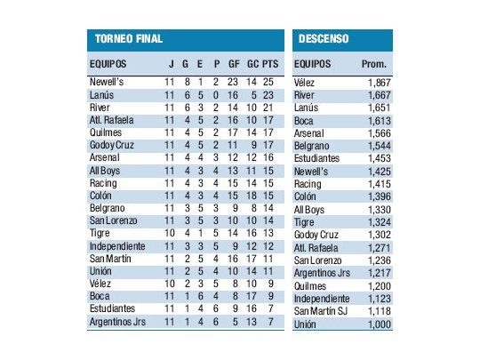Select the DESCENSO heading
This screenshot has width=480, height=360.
(x=324, y=39)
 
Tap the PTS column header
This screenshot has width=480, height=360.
(x=270, y=64)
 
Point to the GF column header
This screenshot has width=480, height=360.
(x=233, y=64)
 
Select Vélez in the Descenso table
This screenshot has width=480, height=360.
(x=307, y=82)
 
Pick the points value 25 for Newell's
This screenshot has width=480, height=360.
(x=270, y=82)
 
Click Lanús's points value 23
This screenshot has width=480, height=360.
(x=270, y=94)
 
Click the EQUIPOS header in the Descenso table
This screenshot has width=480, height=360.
(x=312, y=64)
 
